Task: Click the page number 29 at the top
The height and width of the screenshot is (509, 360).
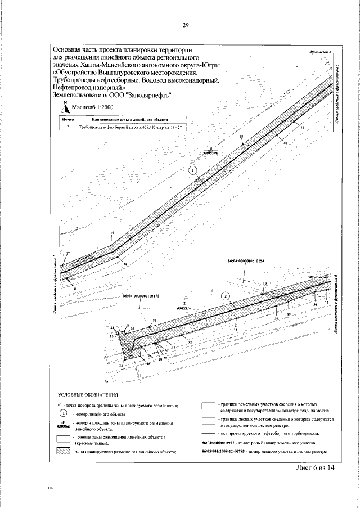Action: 185,25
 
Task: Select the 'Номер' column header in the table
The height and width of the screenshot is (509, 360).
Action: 67,120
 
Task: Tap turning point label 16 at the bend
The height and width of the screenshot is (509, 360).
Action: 112,233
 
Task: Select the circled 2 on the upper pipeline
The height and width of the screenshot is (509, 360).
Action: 193,170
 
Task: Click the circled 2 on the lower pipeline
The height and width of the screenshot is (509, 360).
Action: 226,296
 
